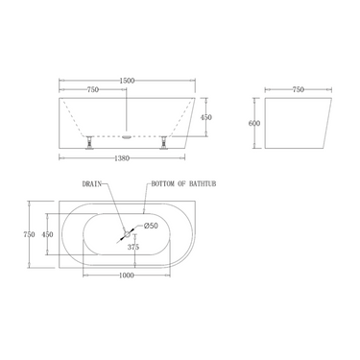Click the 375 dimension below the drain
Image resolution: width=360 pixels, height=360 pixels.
click(x=134, y=246)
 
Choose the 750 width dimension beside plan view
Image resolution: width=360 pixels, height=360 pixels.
click(x=31, y=233)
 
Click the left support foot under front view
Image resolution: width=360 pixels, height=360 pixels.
click(x=87, y=143)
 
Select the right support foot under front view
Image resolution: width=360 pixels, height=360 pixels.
click(x=164, y=143)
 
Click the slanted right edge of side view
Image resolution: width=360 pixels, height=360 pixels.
click(x=323, y=121)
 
